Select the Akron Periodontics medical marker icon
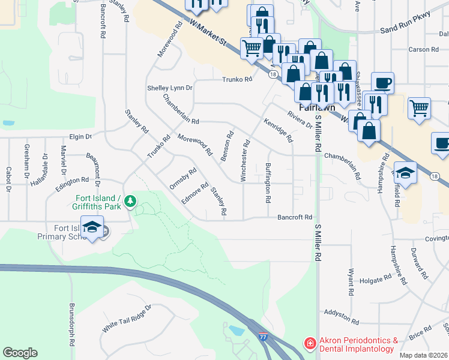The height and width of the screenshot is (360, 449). pos(310,344)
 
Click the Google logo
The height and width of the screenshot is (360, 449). pos(20,352)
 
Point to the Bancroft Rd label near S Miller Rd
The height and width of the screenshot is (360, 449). pos(295,217)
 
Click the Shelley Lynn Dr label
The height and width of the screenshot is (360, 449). pos(170,88)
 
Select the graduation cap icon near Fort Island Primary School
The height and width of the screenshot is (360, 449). pos(92,227)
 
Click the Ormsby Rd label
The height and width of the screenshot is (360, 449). pos(183,179)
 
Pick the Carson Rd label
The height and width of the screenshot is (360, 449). pos(419,50)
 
